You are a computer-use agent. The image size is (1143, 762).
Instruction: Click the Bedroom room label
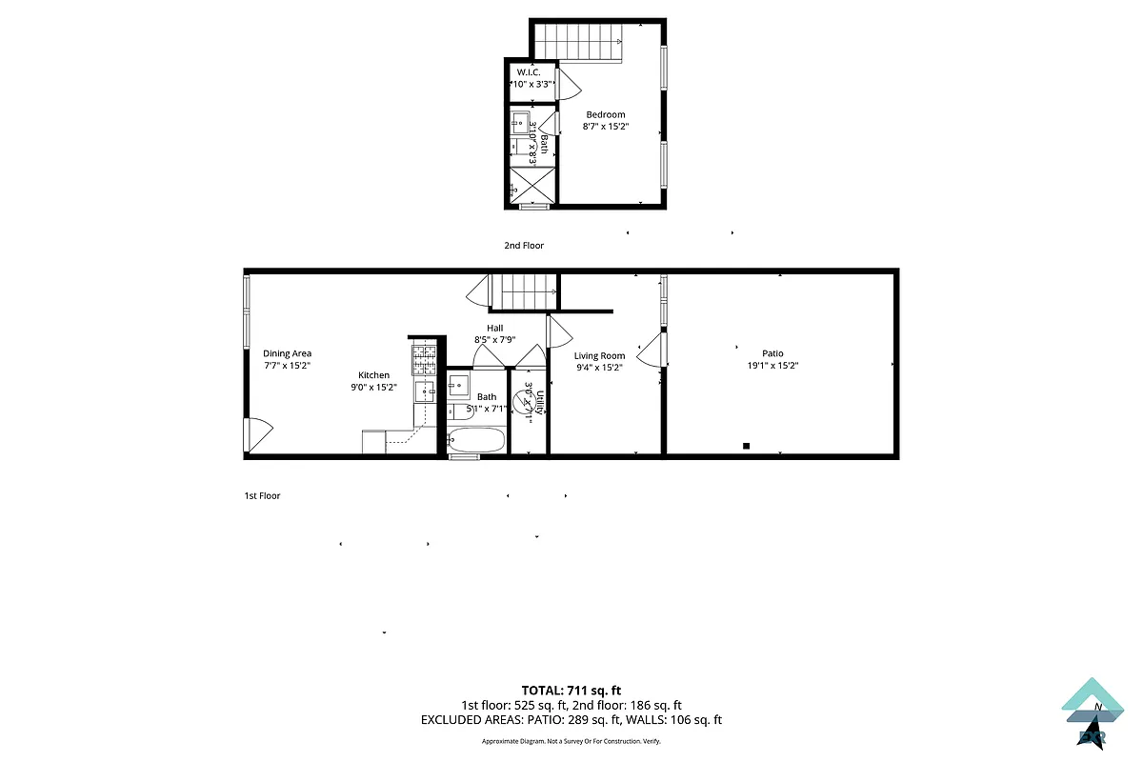click(605, 115)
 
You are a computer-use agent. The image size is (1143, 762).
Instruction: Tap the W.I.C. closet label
click(530, 72)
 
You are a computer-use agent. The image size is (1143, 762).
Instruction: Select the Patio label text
click(772, 354)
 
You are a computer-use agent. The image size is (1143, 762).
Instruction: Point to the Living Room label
click(599, 356)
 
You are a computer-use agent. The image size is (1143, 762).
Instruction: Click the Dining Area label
click(287, 354)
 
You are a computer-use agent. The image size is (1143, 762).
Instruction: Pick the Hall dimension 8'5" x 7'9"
click(494, 339)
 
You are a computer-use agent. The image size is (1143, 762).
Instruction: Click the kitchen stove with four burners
click(424, 359)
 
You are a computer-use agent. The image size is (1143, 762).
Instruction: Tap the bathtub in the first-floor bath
click(476, 441)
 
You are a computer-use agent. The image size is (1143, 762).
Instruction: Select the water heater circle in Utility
click(524, 404)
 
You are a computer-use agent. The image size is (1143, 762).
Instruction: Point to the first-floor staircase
click(523, 291)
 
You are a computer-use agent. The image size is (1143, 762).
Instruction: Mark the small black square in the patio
click(747, 446)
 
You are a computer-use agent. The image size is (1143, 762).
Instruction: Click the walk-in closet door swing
click(567, 83)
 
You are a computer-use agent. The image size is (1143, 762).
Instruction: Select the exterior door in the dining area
click(259, 435)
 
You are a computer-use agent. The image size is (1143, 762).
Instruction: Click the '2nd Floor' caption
click(524, 246)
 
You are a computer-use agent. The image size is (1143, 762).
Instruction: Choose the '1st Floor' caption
click(263, 496)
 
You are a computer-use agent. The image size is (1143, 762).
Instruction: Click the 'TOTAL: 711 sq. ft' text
click(571, 690)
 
